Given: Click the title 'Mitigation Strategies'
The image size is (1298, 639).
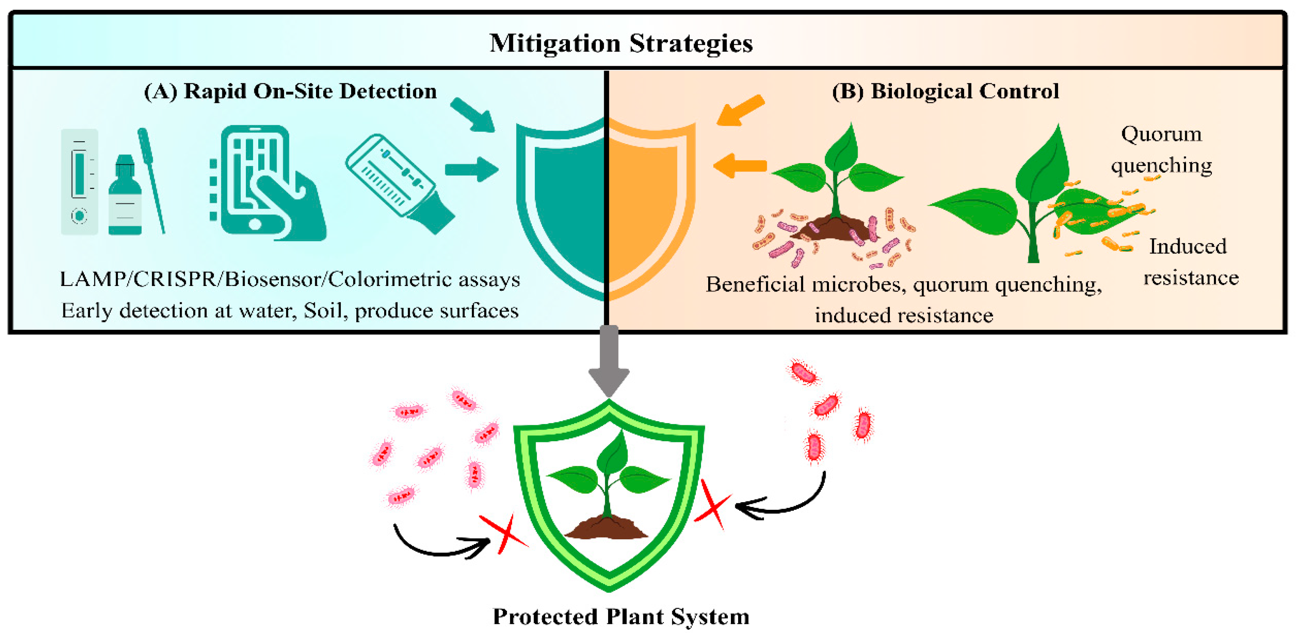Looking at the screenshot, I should pos(621,43).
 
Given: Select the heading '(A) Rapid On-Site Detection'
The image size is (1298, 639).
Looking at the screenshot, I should pos(290,91).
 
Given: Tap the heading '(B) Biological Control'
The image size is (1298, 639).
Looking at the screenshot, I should pos(945,91).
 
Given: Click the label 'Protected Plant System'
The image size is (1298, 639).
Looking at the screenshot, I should pos(621,616).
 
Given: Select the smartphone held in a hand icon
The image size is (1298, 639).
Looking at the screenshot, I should pos(267,184).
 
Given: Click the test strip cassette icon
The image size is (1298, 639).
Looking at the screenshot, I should pos(79,181).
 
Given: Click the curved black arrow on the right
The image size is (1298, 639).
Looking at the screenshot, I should pos(786,502).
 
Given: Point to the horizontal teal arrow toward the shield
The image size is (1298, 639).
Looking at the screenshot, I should pos(471,169).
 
